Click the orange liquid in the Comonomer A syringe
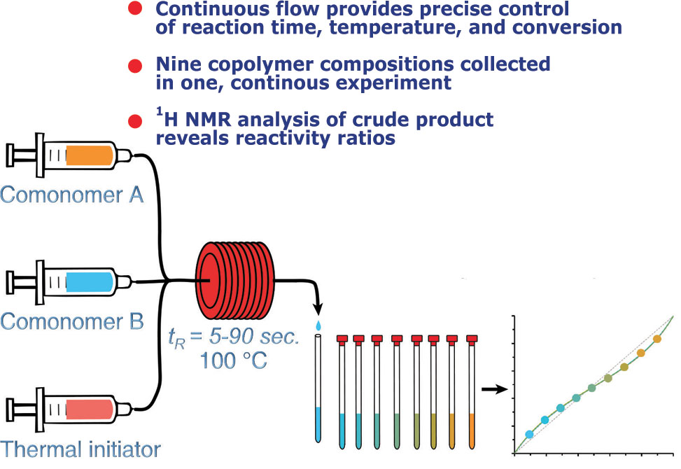pos(90,155)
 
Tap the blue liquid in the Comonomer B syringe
pos(90,281)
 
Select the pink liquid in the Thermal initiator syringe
pos(90,409)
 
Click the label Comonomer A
pos(71,195)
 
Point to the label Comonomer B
pos(71,322)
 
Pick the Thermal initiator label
pos(80,449)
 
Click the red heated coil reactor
pos(235,281)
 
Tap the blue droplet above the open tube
pos(318,325)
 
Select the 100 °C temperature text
pos(233,360)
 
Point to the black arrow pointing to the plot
pos(495,389)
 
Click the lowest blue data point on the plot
pos(529,434)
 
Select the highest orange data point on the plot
pos(657,339)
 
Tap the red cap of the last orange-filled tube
pos(472,339)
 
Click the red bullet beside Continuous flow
pos(135,8)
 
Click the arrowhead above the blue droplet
pos(318,310)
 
